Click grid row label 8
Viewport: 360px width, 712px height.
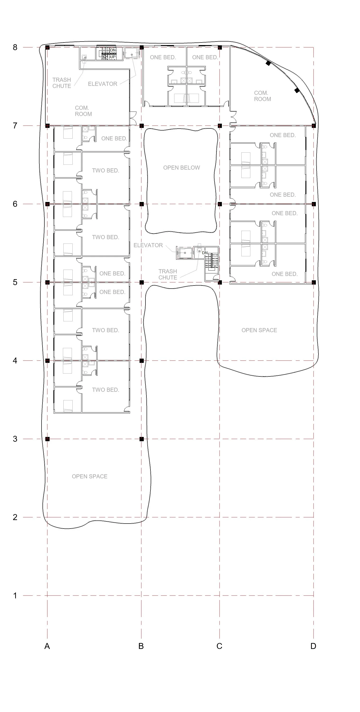(x=15, y=47)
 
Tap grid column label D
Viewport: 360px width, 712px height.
(x=313, y=646)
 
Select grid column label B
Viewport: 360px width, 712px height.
(x=141, y=646)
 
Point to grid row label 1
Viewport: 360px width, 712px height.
(x=15, y=595)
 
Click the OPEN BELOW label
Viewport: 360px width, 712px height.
(x=182, y=168)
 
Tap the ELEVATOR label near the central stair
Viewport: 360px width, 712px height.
(x=148, y=245)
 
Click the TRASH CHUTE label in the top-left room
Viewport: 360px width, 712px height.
(x=62, y=83)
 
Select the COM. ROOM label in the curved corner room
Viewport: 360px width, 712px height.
(x=262, y=96)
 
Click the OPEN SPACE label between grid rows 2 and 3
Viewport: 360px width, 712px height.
(x=89, y=476)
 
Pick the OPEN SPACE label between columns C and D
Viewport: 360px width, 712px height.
(x=259, y=330)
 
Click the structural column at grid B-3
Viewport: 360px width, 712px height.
(x=142, y=439)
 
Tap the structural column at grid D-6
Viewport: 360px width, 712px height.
(x=313, y=204)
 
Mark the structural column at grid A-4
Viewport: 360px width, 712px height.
(x=47, y=361)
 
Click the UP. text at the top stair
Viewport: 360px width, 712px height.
(x=113, y=57)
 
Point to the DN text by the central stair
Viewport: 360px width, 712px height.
(x=205, y=253)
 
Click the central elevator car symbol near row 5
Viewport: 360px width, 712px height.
(x=185, y=253)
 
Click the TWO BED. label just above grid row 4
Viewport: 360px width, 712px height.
(x=106, y=330)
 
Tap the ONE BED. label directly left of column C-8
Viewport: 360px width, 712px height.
(x=205, y=57)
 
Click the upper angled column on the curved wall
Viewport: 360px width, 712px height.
(x=268, y=63)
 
